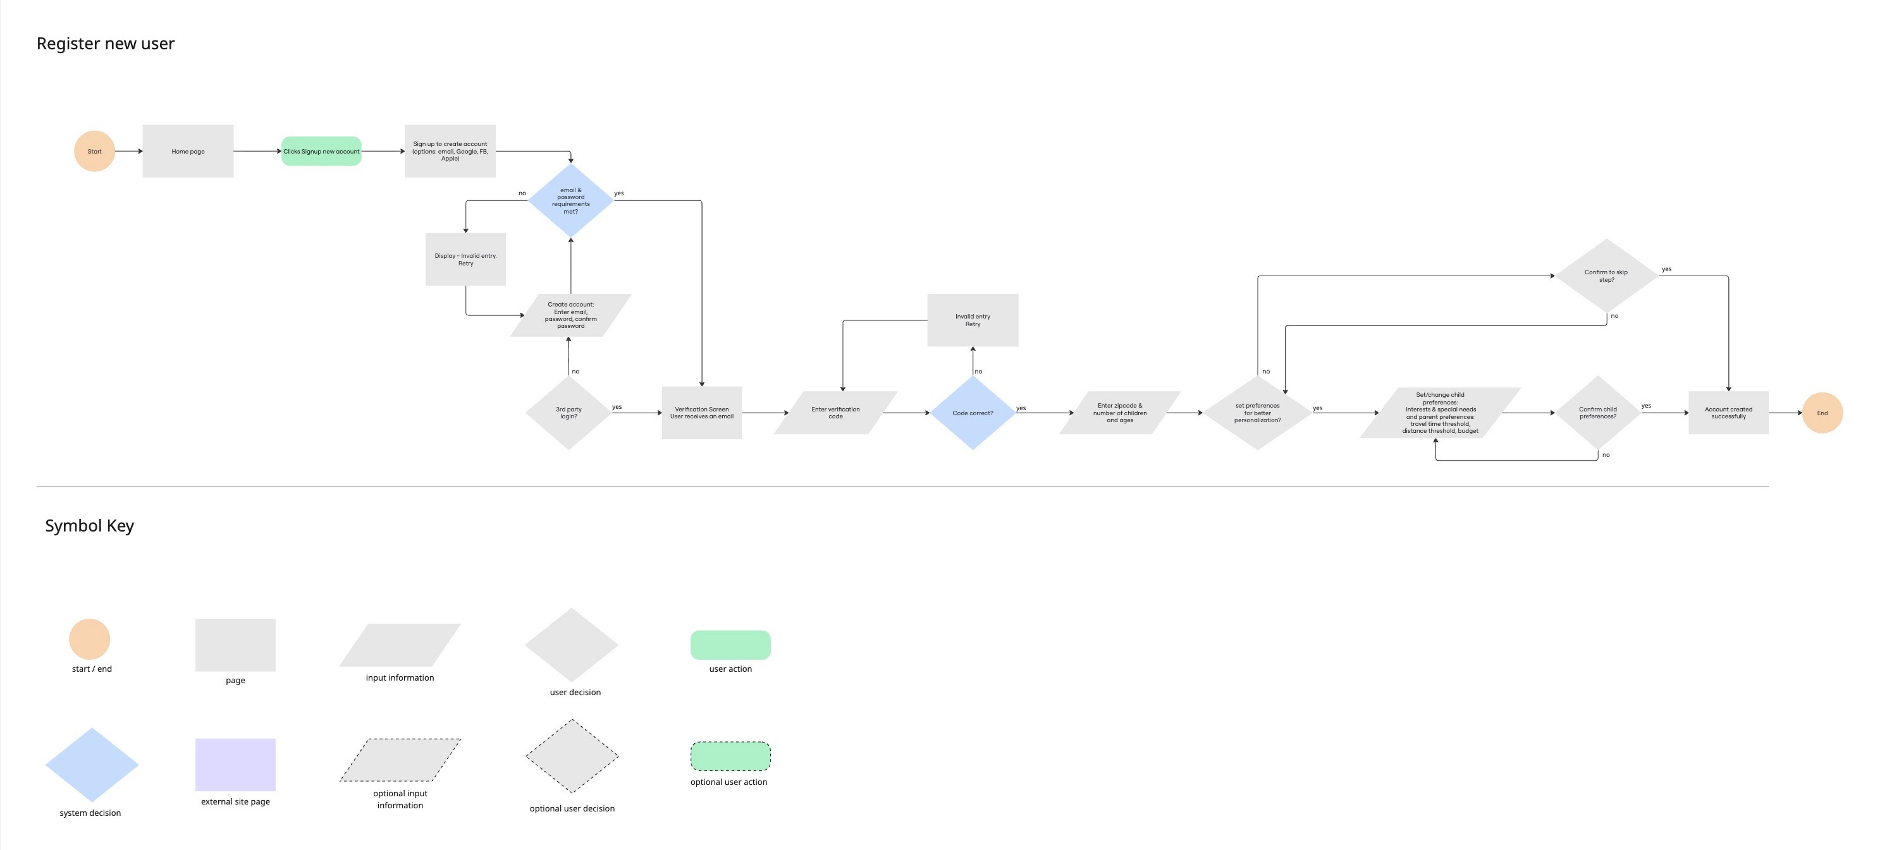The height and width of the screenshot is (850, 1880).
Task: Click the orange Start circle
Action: click(94, 151)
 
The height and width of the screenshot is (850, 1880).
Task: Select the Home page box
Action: click(188, 151)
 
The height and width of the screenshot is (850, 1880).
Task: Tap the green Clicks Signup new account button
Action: click(321, 151)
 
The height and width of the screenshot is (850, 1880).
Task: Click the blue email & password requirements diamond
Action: click(571, 200)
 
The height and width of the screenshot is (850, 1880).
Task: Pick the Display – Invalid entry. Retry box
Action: click(465, 259)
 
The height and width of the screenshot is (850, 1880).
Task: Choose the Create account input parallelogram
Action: click(571, 315)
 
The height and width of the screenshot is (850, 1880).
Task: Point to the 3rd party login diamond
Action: click(568, 413)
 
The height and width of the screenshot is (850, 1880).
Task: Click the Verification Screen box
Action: click(701, 413)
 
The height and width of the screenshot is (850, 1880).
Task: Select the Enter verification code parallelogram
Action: click(835, 413)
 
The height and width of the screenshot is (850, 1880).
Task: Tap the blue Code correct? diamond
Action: click(972, 413)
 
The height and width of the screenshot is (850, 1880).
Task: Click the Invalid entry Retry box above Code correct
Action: click(972, 320)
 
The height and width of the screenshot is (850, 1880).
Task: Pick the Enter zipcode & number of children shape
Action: click(1119, 413)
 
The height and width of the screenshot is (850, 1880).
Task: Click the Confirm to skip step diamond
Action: click(1606, 276)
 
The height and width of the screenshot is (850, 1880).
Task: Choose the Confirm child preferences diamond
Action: click(1597, 413)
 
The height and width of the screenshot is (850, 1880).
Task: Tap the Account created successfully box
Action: click(1728, 413)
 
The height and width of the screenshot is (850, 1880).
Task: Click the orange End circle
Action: click(1822, 413)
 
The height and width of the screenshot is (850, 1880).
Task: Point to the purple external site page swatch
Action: click(235, 765)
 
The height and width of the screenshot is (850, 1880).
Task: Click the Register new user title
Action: click(106, 44)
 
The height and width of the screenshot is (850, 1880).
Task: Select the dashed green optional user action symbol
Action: click(730, 756)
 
